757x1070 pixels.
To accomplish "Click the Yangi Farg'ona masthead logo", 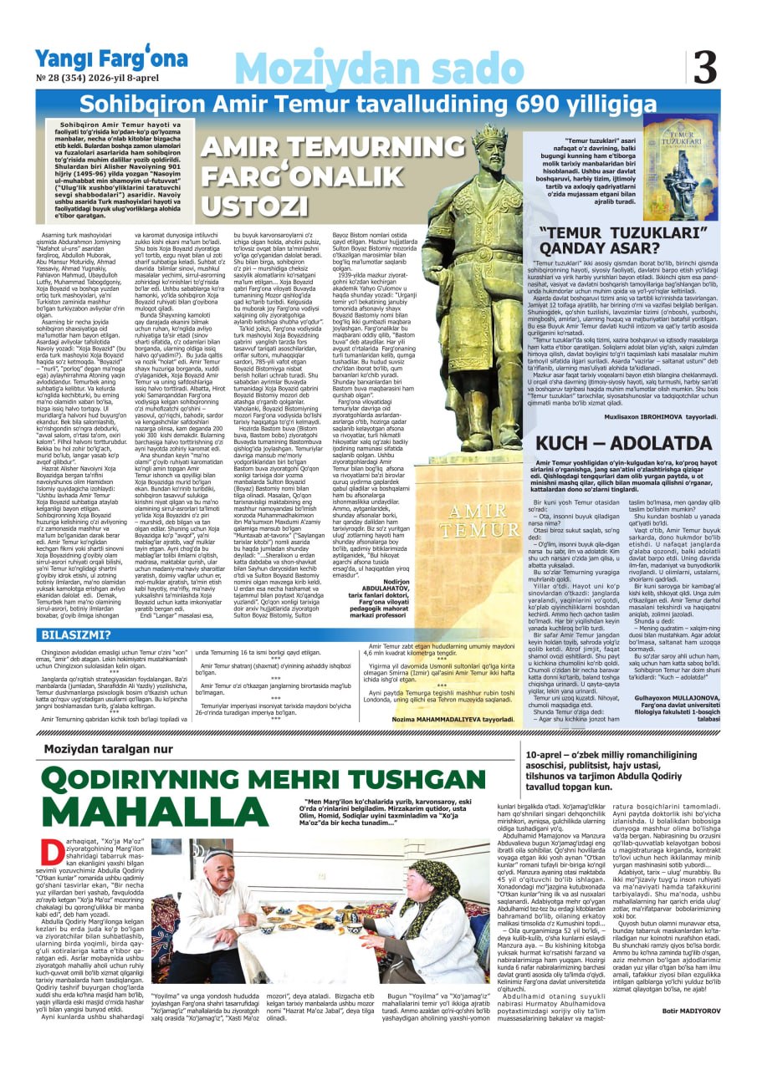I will (111, 58).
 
